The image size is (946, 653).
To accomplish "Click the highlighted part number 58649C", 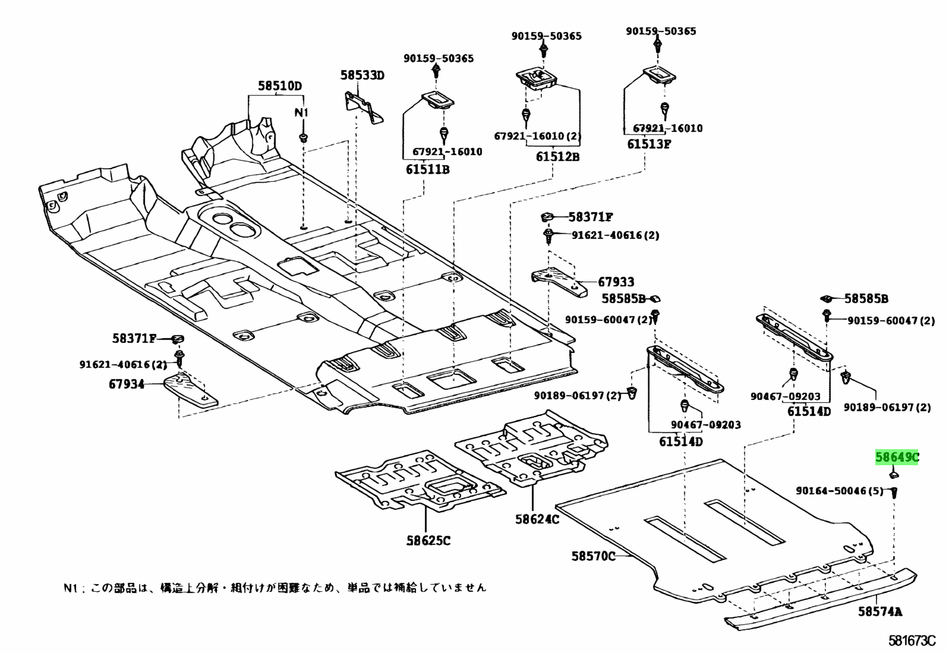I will [897, 457].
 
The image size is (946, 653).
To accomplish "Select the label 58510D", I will [279, 86].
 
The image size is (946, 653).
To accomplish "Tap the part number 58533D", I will [362, 75].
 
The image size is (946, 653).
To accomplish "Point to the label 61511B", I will [428, 169].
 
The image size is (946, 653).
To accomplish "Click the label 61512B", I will [557, 157].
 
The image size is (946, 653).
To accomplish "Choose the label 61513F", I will [648, 143].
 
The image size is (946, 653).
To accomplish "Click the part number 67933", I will [616, 282].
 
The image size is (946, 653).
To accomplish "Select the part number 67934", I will [126, 384].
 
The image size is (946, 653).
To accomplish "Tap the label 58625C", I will [428, 540].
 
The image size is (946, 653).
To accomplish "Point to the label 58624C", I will [537, 519].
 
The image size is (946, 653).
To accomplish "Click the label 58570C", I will [594, 556].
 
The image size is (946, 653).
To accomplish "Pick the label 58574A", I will [879, 611].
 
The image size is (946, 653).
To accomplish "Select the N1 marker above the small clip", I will [302, 113].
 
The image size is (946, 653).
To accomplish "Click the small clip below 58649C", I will [893, 474].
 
